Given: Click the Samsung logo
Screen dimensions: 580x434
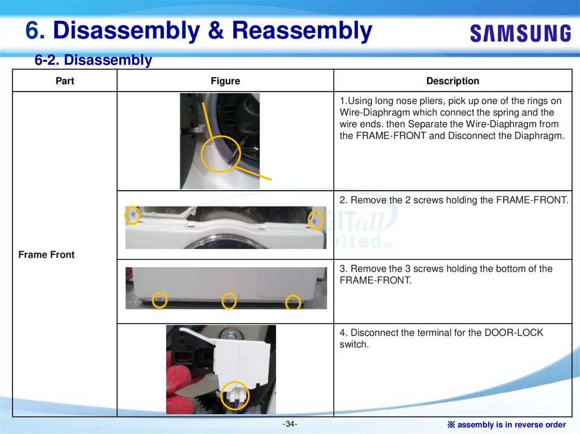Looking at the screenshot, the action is tap(521, 33).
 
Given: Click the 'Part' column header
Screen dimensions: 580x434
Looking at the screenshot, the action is tap(65, 80).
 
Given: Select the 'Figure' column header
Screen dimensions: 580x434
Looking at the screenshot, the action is tap(225, 80).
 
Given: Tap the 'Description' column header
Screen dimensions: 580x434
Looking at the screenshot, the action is tap(453, 80).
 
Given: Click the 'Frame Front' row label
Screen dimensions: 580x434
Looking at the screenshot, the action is tap(46, 254).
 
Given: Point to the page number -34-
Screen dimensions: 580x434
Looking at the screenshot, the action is tap(289, 424).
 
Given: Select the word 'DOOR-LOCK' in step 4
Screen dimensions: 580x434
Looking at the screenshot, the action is tap(514, 332).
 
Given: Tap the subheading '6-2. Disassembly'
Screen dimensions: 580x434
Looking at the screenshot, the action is tap(93, 60).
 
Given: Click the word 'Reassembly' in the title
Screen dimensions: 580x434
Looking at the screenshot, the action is tap(302, 30).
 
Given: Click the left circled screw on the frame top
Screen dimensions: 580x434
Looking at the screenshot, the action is tap(133, 215).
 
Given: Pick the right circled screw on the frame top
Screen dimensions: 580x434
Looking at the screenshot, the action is tap(315, 221).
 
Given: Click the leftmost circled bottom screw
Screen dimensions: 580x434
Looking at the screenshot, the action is tap(159, 299).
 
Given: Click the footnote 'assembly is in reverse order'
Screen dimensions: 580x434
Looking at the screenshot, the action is tap(511, 424).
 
